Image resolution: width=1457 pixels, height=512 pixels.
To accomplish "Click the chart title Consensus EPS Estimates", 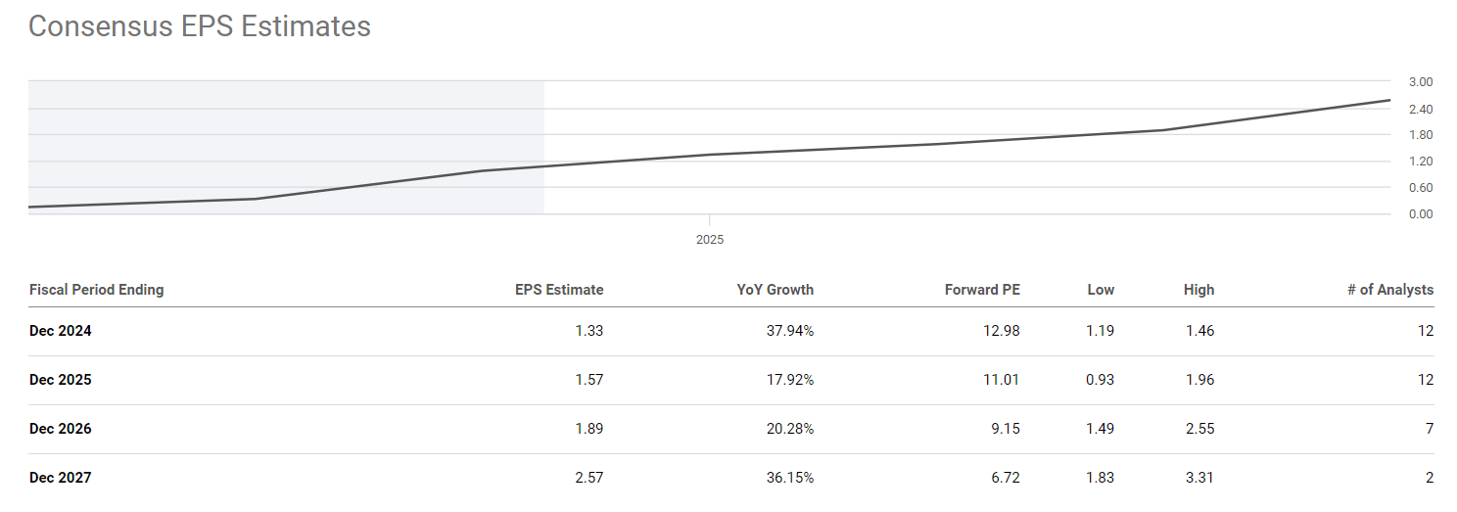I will coord(200,26).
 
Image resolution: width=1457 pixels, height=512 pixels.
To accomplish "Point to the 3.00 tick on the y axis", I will coord(1420,81).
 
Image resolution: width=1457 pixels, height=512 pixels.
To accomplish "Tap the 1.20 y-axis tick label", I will coord(1420,161).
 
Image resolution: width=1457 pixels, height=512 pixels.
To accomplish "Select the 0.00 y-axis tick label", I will coord(1420,213).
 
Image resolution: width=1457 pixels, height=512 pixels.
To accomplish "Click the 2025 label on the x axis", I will coord(710,239).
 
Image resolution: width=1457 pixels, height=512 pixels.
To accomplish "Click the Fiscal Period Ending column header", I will coord(97,290).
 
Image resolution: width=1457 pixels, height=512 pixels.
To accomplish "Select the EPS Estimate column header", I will coord(559,290).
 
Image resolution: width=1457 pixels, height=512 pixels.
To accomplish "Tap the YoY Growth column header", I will coord(775,290).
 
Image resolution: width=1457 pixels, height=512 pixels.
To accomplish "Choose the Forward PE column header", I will coord(982,290).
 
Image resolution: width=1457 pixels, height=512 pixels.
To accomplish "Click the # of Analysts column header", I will coord(1390,290).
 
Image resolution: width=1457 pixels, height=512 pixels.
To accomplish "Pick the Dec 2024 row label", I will coord(61,331).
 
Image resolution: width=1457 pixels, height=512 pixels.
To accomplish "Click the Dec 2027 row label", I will coord(61,478).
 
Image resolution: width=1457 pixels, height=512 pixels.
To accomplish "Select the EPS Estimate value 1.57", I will coord(589,380).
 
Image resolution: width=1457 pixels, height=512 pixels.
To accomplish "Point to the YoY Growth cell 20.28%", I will coord(789,429).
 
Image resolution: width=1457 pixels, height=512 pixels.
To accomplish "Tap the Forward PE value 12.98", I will coord(1001,331).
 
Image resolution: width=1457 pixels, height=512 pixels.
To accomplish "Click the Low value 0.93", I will coord(1101,380).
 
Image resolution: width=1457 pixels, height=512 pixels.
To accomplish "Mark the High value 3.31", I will coord(1198,478).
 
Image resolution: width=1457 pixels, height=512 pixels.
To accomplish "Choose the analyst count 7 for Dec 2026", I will coord(1430,429).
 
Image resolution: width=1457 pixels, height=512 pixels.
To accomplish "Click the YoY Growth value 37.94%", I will coord(789,331).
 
